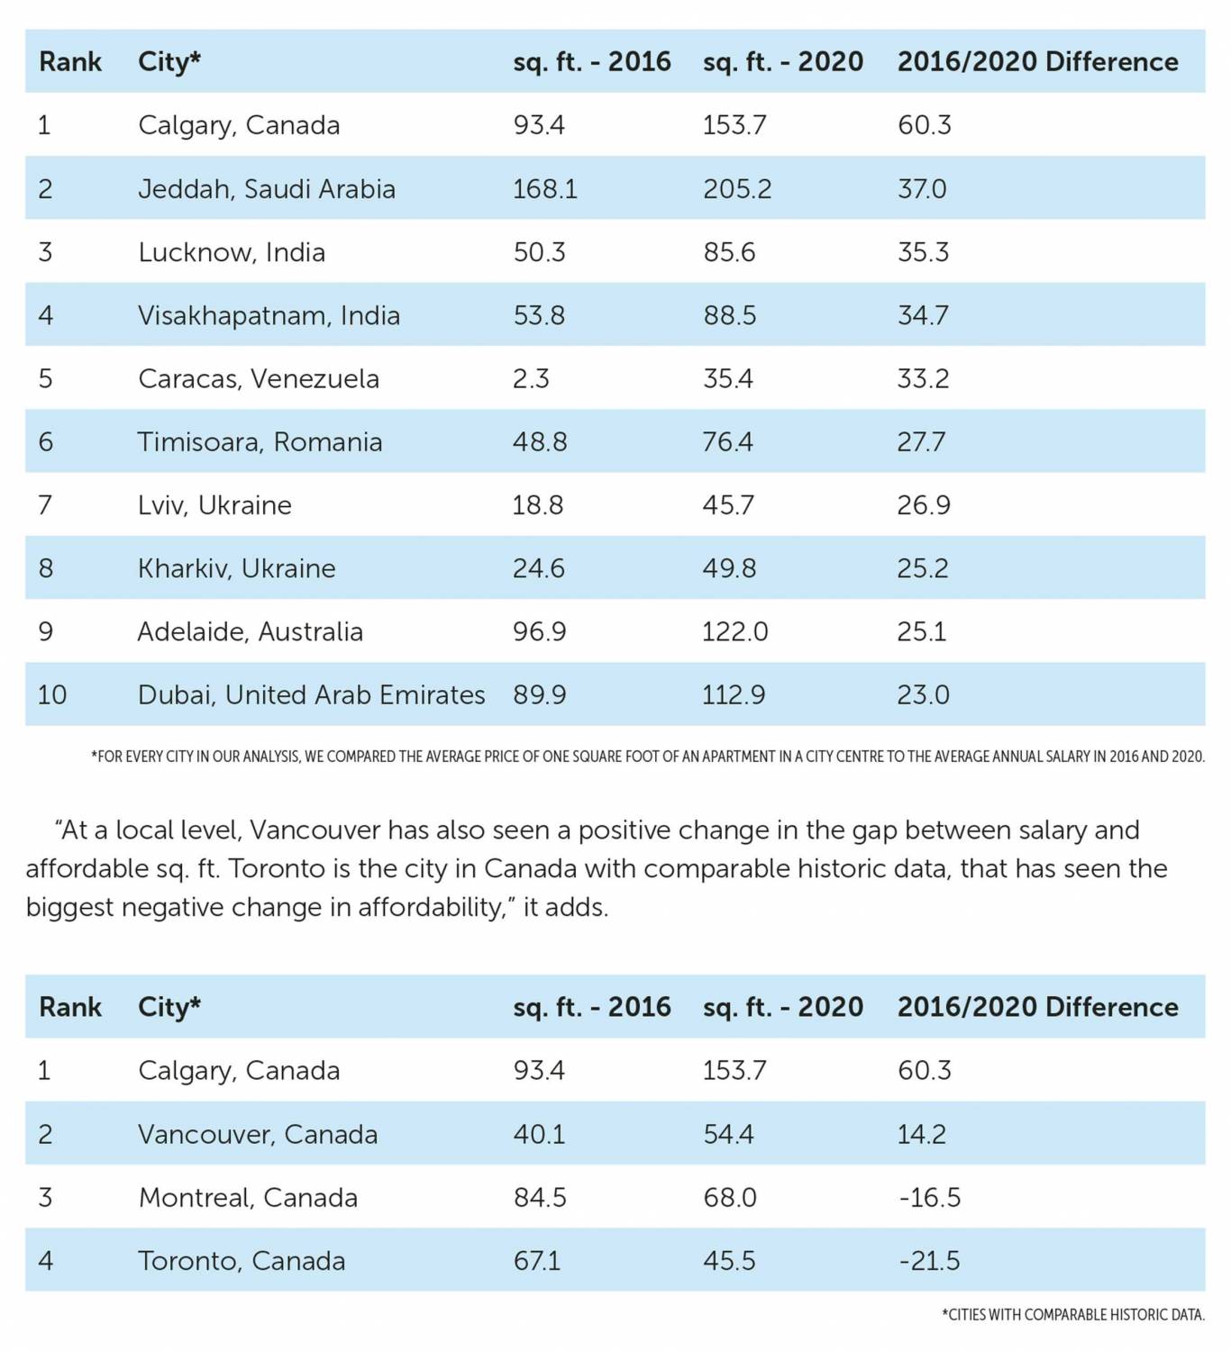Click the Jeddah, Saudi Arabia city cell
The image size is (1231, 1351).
pyautogui.click(x=266, y=189)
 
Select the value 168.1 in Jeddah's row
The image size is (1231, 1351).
pyautogui.click(x=544, y=189)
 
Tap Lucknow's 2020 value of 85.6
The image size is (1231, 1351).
pyautogui.click(x=729, y=252)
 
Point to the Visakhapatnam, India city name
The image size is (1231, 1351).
pyautogui.click(x=269, y=316)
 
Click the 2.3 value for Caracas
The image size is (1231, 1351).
pyautogui.click(x=531, y=379)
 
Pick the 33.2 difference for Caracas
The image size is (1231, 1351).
pyautogui.click(x=923, y=379)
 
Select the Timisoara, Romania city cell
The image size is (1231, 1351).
pyautogui.click(x=260, y=442)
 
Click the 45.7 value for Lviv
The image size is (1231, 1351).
pyautogui.click(x=729, y=505)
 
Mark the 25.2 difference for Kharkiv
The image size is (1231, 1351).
pyautogui.click(x=923, y=568)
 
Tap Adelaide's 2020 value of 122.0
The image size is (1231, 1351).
pyautogui.click(x=734, y=632)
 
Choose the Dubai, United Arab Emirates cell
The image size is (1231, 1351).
pyautogui.click(x=311, y=695)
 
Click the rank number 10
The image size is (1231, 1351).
pyautogui.click(x=52, y=695)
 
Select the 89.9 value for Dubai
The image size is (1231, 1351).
pyautogui.click(x=540, y=695)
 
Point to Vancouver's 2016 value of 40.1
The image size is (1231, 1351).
pyautogui.click(x=539, y=1135)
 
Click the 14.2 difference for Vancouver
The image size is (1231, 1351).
pyautogui.click(x=921, y=1135)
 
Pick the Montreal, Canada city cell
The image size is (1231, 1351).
pyautogui.click(x=248, y=1198)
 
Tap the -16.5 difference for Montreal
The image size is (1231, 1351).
pyautogui.click(x=929, y=1198)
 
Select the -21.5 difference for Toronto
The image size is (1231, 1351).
pyautogui.click(x=929, y=1261)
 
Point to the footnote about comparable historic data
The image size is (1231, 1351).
pyautogui.click(x=1072, y=1315)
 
